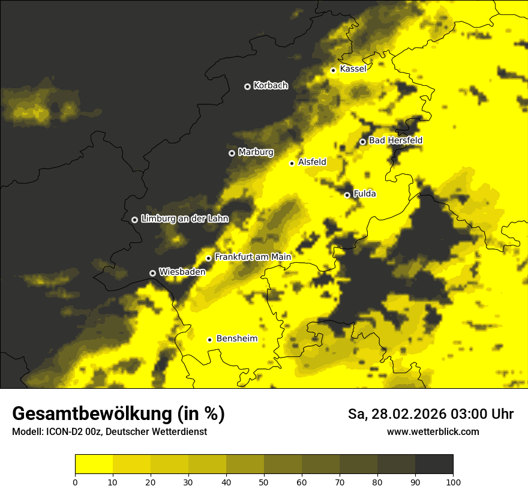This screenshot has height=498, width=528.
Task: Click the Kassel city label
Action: pos(353,69)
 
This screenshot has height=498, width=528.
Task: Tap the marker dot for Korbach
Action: pos(247,86)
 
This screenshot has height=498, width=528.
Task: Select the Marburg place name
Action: pos(256,152)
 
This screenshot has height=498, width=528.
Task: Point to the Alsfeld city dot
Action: pos(292,163)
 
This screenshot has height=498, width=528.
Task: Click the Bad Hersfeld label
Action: pos(395,140)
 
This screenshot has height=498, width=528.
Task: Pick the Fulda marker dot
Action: pos(347,195)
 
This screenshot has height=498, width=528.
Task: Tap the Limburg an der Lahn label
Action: pos(185,219)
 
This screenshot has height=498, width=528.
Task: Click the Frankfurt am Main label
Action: pos(253,257)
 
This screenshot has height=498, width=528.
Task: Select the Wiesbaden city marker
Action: pos(152,273)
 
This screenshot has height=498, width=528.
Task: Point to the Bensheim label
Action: pos(236,338)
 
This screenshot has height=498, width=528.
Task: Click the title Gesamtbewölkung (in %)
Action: pos(118,414)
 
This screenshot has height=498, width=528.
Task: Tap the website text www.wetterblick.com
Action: pos(433,431)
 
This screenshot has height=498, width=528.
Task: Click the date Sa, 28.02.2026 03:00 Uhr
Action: pos(431,414)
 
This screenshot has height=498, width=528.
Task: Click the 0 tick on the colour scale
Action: pos(75,481)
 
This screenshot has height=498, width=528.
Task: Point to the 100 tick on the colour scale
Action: pos(453,481)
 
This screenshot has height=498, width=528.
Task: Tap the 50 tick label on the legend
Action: pos(264,481)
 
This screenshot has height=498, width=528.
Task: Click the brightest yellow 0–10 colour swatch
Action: pos(94,464)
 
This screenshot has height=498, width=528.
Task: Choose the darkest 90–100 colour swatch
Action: pos(434,464)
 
